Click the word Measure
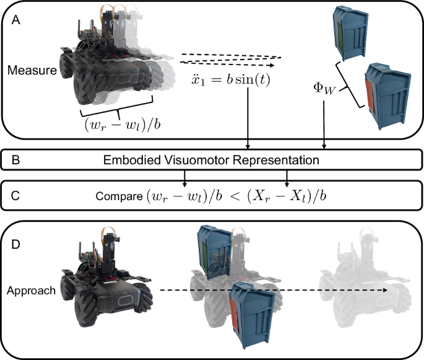(32, 70)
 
